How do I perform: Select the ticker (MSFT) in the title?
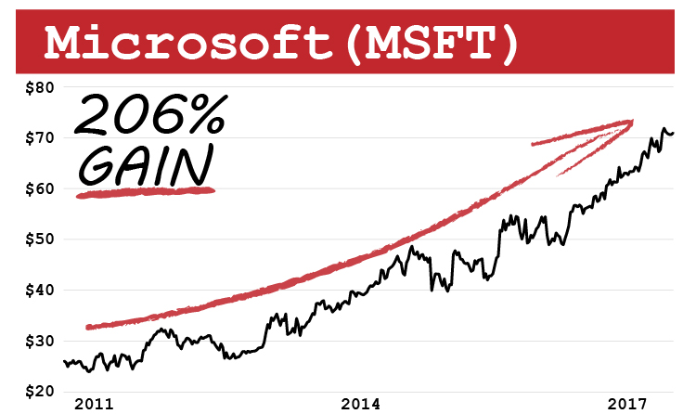[429, 42]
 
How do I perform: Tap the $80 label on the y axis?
[38, 88]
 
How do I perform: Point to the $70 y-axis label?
[38, 138]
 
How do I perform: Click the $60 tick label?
[38, 189]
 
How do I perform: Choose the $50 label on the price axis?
[38, 239]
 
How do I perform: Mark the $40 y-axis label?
[38, 291]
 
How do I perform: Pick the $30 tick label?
[38, 341]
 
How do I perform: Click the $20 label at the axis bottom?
[38, 391]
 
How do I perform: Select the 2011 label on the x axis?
[94, 404]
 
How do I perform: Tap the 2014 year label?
[360, 404]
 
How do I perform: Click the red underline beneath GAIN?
[146, 193]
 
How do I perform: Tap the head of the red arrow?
[630, 122]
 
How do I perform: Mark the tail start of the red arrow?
[87, 327]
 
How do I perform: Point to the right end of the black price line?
[674, 133]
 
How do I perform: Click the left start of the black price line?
[64, 361]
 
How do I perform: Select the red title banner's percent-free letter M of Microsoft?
[69, 42]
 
